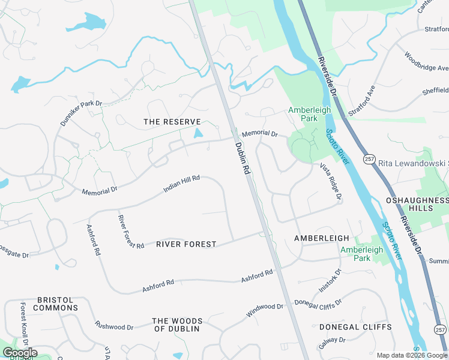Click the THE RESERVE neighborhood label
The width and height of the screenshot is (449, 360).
click(x=172, y=122)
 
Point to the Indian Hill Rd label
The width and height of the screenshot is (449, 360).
click(x=181, y=184)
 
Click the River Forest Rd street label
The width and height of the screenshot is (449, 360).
click(x=130, y=232)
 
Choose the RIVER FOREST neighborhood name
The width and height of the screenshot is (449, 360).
click(x=186, y=244)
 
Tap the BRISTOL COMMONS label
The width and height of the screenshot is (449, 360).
click(x=55, y=304)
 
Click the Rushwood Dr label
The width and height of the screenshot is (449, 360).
click(x=114, y=326)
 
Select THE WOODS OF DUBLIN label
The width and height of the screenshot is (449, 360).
click(x=177, y=325)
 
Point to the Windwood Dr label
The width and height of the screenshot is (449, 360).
click(x=264, y=310)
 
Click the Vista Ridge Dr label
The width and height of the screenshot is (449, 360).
click(x=331, y=181)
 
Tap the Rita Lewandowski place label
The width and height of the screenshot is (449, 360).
click(x=414, y=163)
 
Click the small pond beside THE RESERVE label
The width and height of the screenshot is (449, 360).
click(x=199, y=133)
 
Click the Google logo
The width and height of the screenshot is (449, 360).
click(x=19, y=353)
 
